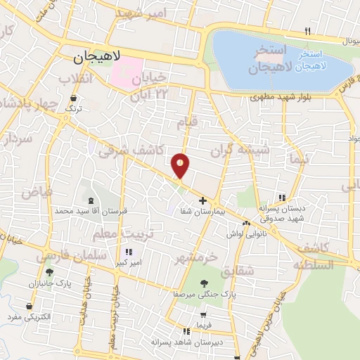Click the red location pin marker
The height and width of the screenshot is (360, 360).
tap(181, 165)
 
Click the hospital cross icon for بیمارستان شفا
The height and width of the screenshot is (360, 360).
tap(203, 201)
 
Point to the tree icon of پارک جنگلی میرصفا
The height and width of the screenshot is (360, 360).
tap(204, 283)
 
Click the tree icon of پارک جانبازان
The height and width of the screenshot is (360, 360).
tap(49, 272)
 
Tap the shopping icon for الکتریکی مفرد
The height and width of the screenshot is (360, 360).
tap(29, 307)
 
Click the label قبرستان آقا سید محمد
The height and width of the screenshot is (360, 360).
tap(84, 211)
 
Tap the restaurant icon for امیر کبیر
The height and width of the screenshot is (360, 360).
tap(128, 252)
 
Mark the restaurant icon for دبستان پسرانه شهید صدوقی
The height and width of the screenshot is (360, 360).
tap(282, 198)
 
